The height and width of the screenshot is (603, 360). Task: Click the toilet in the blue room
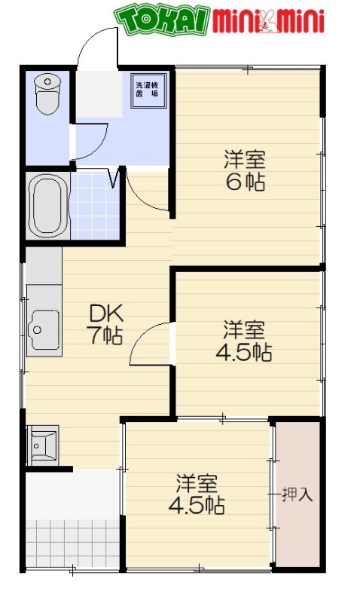pos(47,93)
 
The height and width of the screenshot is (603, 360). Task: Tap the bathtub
pos(47,206)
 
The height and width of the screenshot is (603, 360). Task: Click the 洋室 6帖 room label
pos(244,171)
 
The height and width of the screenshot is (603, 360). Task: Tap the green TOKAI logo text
pos(161,22)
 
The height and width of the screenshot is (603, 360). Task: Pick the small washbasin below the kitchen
pos(42,444)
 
